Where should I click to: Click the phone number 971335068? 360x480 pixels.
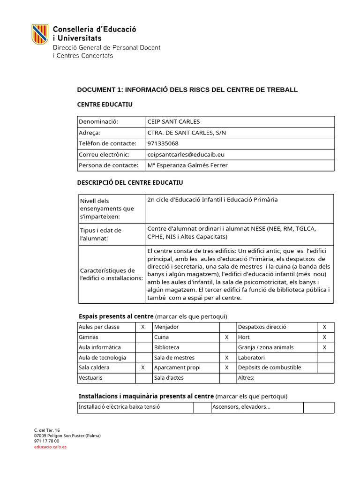pyautogui.click(x=163, y=143)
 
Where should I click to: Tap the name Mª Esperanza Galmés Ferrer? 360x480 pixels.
pyautogui.click(x=187, y=165)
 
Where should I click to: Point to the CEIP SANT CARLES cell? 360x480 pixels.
pyautogui.click(x=173, y=121)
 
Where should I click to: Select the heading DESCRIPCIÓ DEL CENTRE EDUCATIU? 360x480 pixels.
pyautogui.click(x=130, y=182)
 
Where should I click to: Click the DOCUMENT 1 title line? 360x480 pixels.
pyautogui.click(x=187, y=90)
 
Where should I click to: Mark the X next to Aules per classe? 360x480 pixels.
pyautogui.click(x=143, y=327)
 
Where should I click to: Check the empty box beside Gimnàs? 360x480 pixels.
pyautogui.click(x=143, y=337)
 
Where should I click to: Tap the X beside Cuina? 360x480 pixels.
pyautogui.click(x=227, y=337)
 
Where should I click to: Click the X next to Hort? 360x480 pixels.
pyautogui.click(x=324, y=337)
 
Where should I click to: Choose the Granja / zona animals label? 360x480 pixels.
pyautogui.click(x=266, y=347)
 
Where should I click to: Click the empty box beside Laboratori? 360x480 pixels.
pyautogui.click(x=324, y=358)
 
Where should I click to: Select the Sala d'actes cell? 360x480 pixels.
pyautogui.click(x=167, y=378)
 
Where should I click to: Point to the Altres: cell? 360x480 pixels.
pyautogui.click(x=246, y=378)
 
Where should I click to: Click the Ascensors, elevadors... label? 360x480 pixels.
pyautogui.click(x=241, y=407)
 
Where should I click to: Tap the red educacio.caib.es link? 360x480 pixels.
pyautogui.click(x=50, y=447)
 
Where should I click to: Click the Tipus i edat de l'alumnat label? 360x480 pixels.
pyautogui.click(x=101, y=234)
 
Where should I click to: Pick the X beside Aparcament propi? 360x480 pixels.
pyautogui.click(x=227, y=367)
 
